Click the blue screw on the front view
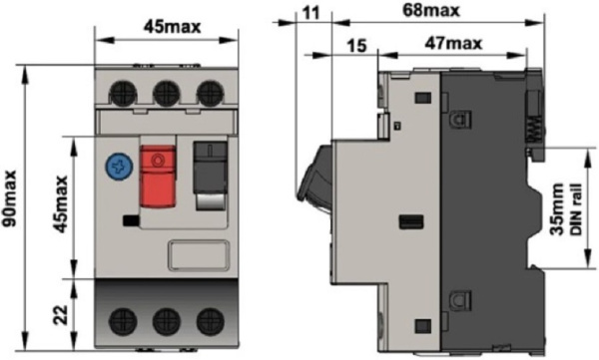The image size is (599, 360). coord(120,168)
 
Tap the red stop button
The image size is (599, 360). coord(158,177)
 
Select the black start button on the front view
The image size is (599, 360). coord(211,168)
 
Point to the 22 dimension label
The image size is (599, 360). coord(60,314)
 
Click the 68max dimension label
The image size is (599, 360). coord(431,11)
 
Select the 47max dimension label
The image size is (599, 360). coord(453,43)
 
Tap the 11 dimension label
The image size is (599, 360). coord(310,13)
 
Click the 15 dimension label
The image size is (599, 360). coord(356,46)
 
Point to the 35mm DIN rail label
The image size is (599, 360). coord(566,209)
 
